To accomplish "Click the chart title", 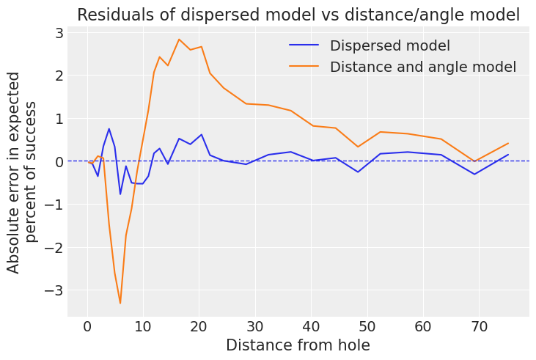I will (298, 15).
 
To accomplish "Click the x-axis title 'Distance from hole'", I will (298, 345).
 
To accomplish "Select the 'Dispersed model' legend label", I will (389, 45).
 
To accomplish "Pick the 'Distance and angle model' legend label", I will (423, 67).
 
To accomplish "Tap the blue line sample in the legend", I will (304, 45).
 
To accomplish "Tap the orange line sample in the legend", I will (304, 67).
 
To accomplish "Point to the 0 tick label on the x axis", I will (87, 327).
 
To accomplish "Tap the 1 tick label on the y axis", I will (59, 119).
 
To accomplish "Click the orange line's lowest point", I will (120, 304).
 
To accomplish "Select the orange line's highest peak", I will (179, 40).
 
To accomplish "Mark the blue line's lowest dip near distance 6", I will (120, 194).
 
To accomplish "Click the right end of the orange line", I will (508, 143).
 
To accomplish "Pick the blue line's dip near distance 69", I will (474, 174).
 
